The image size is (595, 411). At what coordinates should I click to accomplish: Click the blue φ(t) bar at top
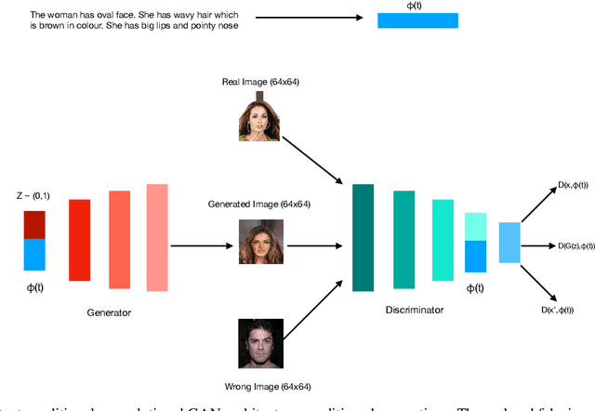pos(416,20)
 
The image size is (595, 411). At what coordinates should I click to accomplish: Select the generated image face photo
pos(260,241)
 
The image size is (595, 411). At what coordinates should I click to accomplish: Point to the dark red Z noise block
pos(34,224)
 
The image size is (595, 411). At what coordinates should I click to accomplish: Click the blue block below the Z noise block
pos(34,255)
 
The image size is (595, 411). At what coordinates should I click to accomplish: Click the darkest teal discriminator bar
pos(364,237)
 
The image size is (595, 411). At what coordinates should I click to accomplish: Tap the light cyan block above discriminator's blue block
pos(475,226)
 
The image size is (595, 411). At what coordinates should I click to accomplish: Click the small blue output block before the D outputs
pos(509,243)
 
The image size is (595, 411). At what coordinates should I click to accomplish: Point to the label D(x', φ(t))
pos(557,310)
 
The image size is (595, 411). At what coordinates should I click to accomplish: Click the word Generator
pos(109,312)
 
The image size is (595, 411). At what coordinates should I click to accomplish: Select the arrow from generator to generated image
pos(200,245)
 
